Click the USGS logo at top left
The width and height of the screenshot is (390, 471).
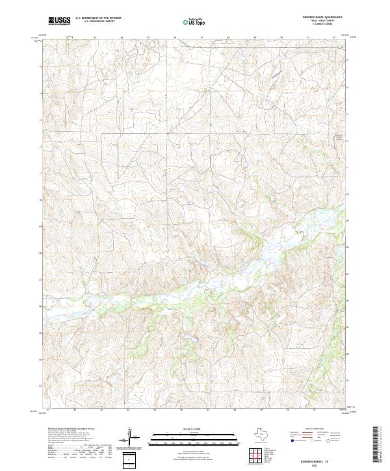59,21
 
